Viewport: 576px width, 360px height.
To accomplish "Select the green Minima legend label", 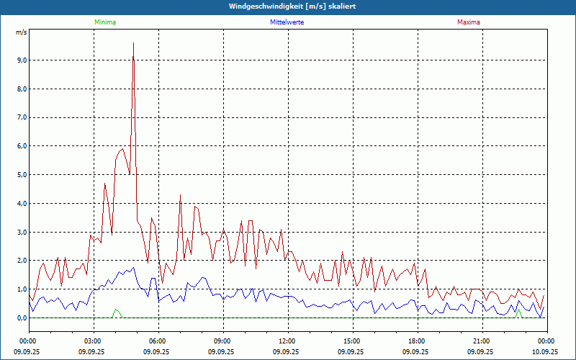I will click(x=104, y=22).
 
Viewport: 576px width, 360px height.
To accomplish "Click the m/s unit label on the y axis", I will click(x=21, y=32).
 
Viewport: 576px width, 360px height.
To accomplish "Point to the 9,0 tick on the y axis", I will click(x=21, y=60).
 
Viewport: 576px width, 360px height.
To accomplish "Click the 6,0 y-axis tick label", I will click(x=21, y=146).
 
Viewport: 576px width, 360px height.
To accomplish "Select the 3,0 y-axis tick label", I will click(x=21, y=232).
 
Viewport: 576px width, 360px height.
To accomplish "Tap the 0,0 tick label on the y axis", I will click(x=21, y=318).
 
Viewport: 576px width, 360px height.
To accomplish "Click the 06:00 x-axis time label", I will click(x=158, y=341).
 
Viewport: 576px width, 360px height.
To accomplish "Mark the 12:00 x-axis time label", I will click(x=287, y=341).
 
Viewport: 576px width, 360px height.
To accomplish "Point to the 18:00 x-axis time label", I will click(x=417, y=341).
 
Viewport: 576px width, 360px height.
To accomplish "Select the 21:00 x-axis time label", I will click(x=482, y=341).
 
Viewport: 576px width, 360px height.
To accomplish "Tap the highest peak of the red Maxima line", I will click(x=133, y=44).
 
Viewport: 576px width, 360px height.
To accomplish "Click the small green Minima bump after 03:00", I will click(x=115, y=310).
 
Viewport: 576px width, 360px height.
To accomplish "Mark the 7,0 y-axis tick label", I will click(x=21, y=117).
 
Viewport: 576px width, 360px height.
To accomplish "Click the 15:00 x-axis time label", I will click(x=352, y=341).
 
